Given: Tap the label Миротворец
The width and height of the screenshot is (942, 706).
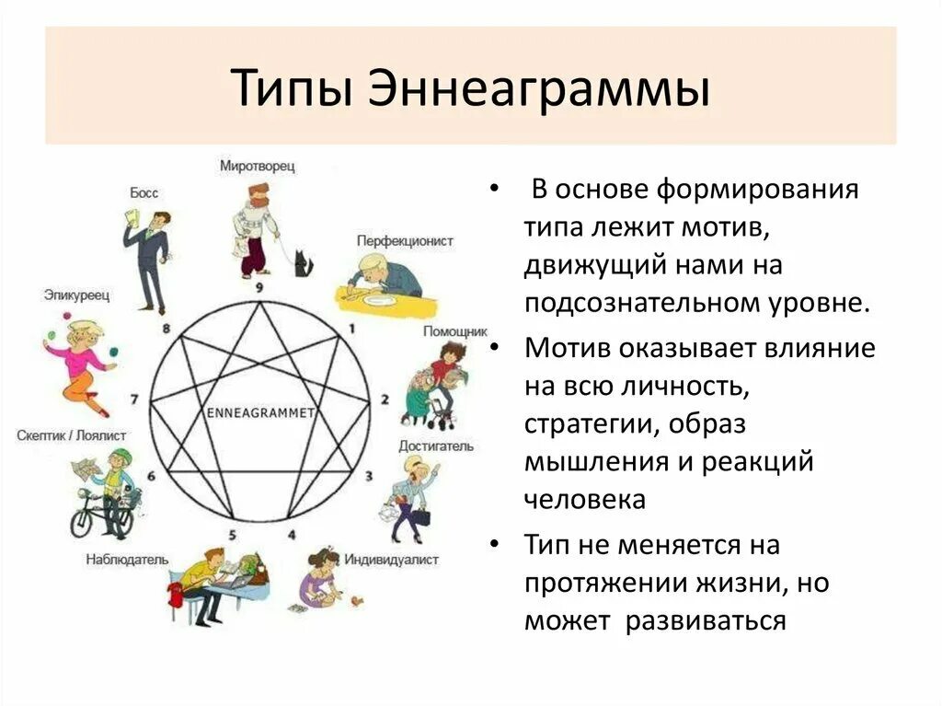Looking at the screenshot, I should click(x=257, y=166).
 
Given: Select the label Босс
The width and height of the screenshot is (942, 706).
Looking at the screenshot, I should click(x=144, y=192).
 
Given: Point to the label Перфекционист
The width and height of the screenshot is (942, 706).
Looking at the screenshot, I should click(x=406, y=240).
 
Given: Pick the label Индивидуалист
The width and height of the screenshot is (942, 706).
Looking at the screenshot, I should click(x=392, y=560).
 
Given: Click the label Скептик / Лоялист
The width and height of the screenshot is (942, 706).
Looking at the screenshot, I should click(x=72, y=435).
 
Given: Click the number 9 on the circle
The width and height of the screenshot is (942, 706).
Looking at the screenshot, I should click(x=259, y=287).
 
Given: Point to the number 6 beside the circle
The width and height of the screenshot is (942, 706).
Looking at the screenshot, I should click(x=151, y=476).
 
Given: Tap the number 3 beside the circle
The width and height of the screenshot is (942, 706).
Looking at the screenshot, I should click(x=369, y=476).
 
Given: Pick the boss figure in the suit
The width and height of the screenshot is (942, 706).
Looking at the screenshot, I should click(x=147, y=258).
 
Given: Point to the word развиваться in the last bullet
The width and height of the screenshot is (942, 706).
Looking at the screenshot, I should click(x=706, y=620).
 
